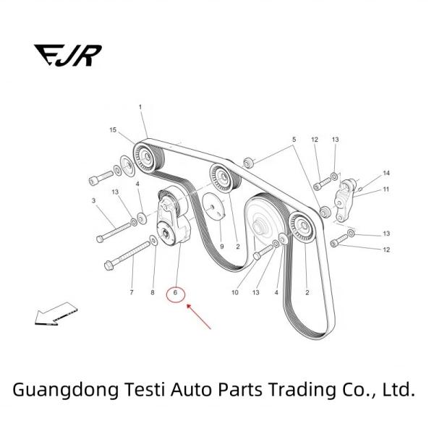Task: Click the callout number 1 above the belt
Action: tap(140, 108)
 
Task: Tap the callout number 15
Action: tap(113, 130)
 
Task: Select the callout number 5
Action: tap(294, 139)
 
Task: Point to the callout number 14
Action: tap(386, 174)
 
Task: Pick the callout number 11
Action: tap(386, 190)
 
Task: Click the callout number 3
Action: tap(93, 200)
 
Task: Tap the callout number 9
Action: tap(221, 247)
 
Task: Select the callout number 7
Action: tap(132, 293)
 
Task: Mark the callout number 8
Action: tap(153, 293)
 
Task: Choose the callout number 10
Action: tap(234, 293)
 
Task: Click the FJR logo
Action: tap(68, 54)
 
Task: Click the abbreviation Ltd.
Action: tap(399, 390)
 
